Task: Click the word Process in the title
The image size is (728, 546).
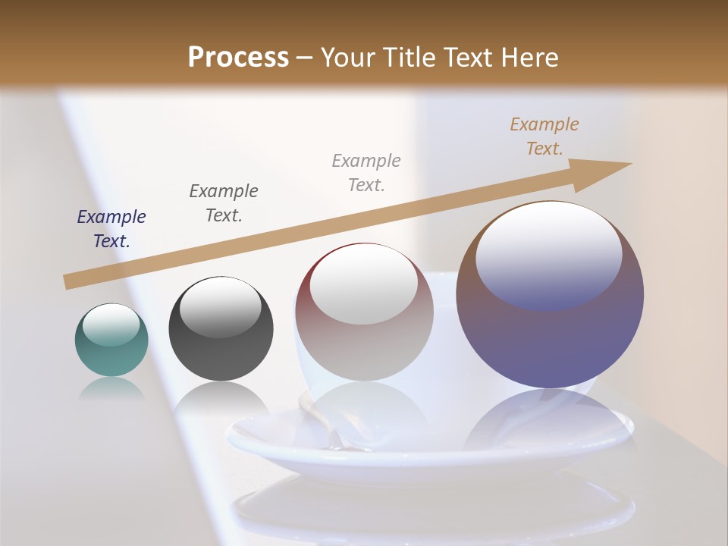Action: tap(238, 57)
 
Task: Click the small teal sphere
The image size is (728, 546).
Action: tap(111, 340)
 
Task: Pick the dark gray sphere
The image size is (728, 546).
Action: tap(221, 328)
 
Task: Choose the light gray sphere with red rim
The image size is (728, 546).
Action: tap(364, 312)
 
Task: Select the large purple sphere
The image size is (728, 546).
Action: tap(550, 294)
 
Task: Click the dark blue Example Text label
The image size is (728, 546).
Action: tap(111, 229)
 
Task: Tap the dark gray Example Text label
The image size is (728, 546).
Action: tap(224, 202)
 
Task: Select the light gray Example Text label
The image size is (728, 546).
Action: tap(366, 172)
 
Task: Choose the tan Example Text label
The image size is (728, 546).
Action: tap(544, 136)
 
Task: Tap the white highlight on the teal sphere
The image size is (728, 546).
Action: tap(111, 325)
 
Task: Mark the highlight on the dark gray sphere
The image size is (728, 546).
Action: tap(221, 306)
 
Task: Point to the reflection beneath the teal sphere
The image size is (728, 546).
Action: tap(111, 389)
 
